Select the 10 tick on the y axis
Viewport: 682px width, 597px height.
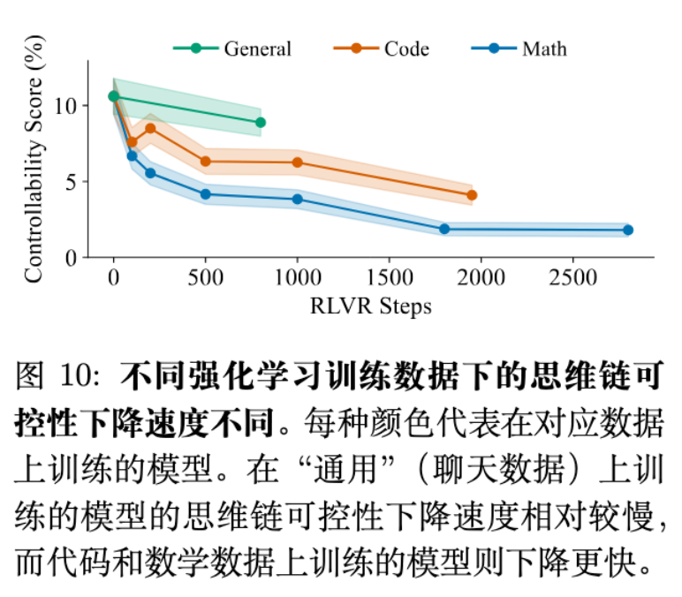click(71, 106)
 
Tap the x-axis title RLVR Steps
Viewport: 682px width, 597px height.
click(371, 306)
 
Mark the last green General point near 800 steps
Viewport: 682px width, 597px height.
click(260, 123)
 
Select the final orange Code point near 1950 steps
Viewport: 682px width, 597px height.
click(472, 195)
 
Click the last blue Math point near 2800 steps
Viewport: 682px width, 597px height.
click(628, 230)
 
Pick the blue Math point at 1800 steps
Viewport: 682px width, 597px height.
click(444, 229)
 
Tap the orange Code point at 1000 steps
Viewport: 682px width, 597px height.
click(297, 162)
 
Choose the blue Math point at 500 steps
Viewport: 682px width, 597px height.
click(206, 194)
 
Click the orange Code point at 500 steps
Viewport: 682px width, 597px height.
click(206, 162)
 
